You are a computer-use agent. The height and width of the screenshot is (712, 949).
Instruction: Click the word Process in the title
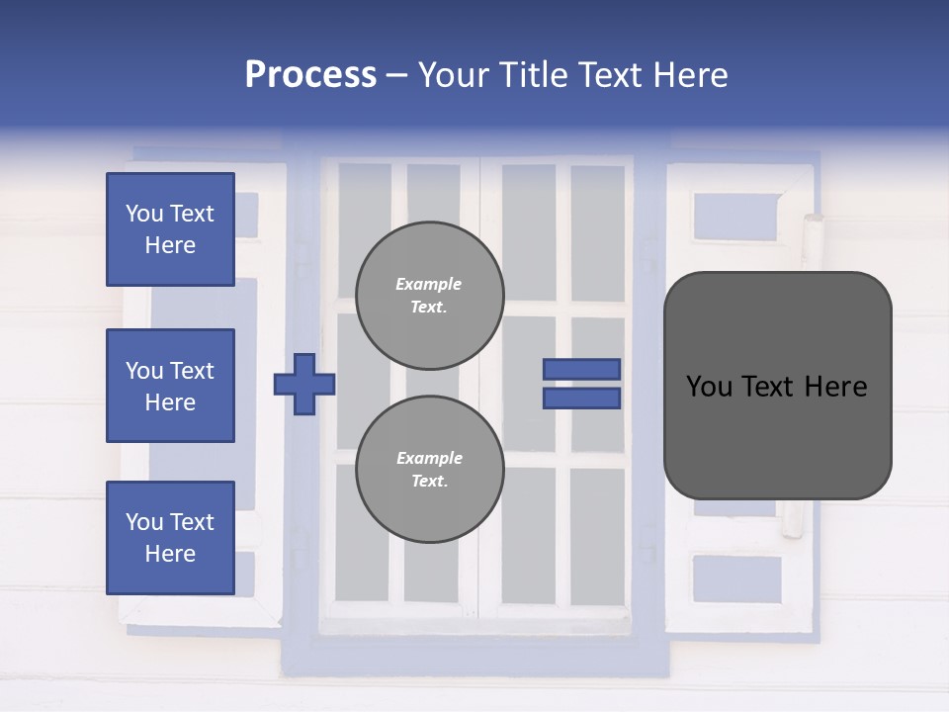pos(310,75)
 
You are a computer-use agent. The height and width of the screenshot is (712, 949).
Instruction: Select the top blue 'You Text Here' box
pos(170,229)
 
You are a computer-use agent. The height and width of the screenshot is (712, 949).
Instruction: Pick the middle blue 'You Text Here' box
pos(170,386)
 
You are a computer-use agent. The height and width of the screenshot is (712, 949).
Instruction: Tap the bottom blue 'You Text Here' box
pos(170,537)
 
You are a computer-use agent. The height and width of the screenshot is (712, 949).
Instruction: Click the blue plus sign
pos(303,384)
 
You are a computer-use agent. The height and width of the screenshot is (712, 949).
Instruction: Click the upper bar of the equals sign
pos(581,369)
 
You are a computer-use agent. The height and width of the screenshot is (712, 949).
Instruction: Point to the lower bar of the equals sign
pos(581,398)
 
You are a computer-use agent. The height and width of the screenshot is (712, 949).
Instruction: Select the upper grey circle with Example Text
pos(429,295)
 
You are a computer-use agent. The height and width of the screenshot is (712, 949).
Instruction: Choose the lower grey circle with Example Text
pos(429,469)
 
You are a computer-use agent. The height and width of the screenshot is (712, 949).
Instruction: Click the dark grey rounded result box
pos(777,386)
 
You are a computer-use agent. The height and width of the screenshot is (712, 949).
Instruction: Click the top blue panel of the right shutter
pos(736,217)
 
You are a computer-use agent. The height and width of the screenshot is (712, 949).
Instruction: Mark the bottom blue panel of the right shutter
pos(736,578)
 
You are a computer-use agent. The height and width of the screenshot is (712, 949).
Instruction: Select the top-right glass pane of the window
pos(597,232)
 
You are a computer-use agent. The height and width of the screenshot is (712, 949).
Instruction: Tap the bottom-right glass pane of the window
pos(597,534)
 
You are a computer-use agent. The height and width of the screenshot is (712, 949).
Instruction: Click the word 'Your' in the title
pos(452,75)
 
